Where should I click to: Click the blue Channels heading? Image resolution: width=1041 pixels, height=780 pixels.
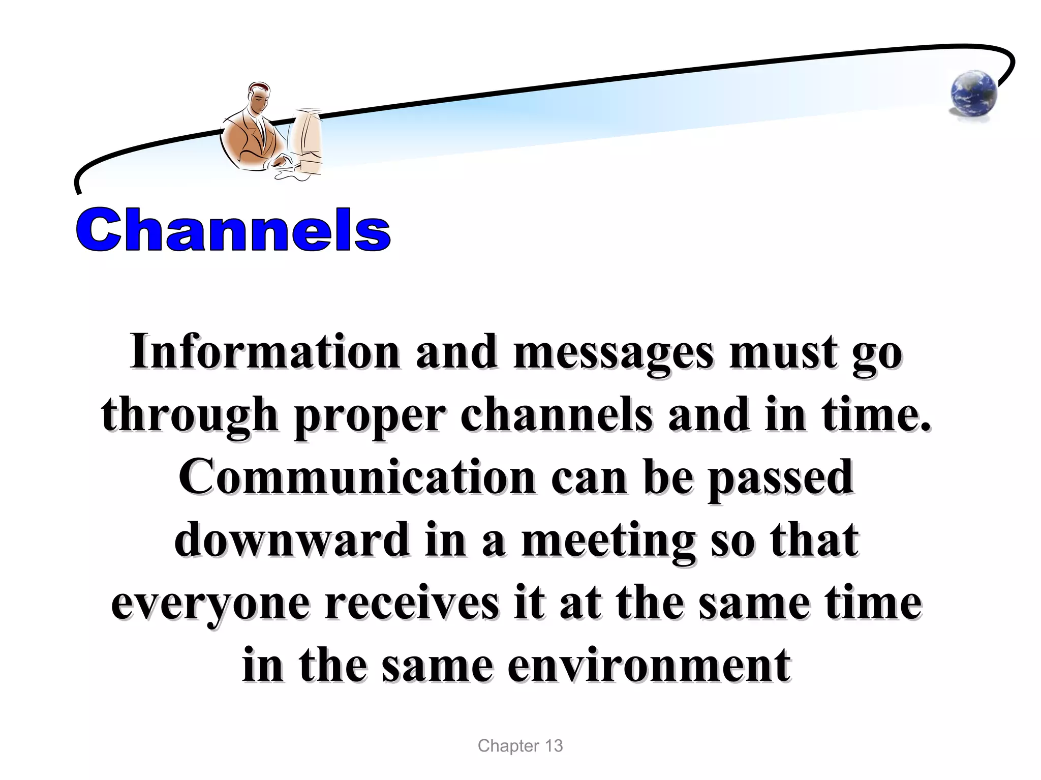click(233, 229)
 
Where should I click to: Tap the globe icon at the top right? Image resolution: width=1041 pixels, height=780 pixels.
click(973, 95)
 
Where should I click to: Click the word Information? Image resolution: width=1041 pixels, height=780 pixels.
click(264, 352)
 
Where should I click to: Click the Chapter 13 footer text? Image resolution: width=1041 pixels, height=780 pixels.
click(520, 746)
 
